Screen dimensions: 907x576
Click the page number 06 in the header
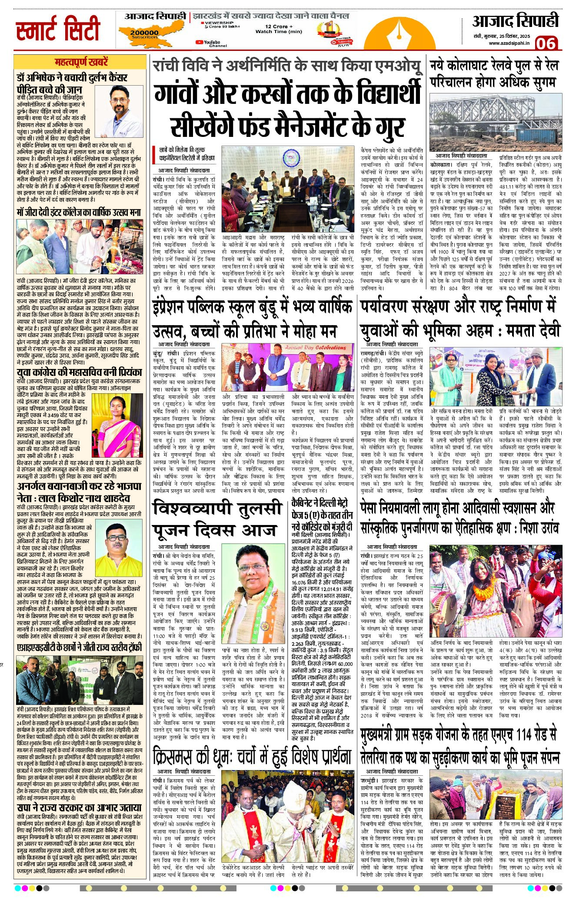tap(546, 43)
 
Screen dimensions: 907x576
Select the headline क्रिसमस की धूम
tap(252, 757)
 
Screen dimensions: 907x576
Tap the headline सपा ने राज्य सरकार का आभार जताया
tap(80, 807)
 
